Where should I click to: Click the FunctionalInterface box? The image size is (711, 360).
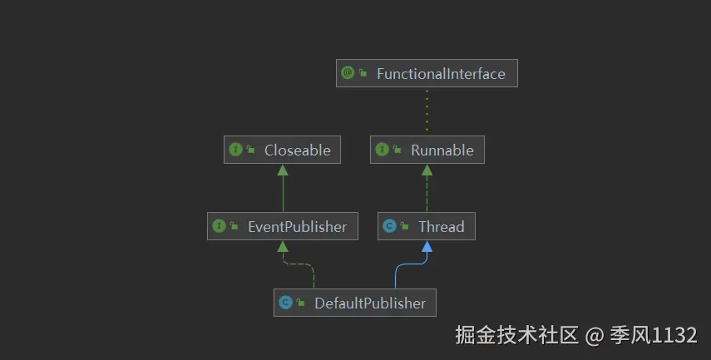click(427, 73)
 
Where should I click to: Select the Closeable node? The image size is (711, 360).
click(283, 150)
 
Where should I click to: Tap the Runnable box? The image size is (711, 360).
click(427, 150)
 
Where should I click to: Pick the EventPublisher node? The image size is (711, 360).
click(283, 226)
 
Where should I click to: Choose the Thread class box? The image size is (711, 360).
click(427, 226)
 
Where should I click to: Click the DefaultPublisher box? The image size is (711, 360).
click(354, 303)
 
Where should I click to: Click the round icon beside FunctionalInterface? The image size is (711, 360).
click(348, 73)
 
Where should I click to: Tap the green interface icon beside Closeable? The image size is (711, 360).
click(236, 150)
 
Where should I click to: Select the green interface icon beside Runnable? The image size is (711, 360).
click(383, 150)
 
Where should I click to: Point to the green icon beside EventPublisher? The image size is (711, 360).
click(220, 226)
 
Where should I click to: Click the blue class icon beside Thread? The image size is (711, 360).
click(390, 226)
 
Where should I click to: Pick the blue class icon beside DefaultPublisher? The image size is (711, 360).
click(286, 303)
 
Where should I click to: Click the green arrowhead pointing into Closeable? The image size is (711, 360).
click(283, 170)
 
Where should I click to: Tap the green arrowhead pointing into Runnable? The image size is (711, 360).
click(427, 170)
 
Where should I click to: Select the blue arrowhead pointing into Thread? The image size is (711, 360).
click(427, 246)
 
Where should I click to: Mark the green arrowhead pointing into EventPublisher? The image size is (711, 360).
click(283, 246)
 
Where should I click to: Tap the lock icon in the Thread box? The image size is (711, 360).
click(404, 226)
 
